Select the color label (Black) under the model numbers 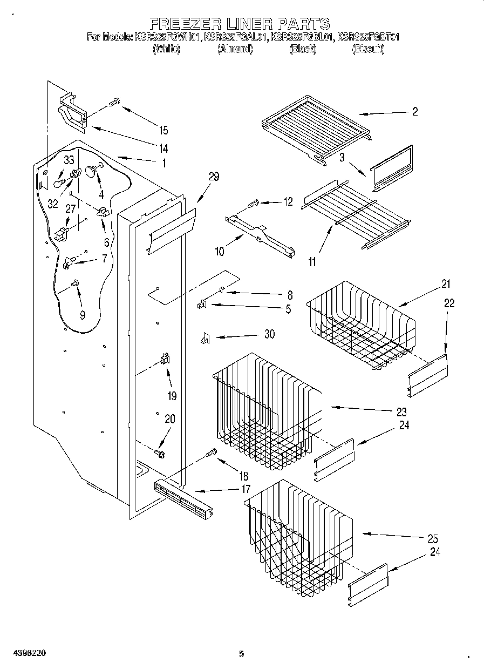click(303, 50)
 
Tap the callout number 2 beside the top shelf click(414, 112)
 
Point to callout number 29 click(214, 177)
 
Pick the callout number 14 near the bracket click(162, 148)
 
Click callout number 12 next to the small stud click(288, 201)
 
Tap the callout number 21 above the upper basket click(446, 284)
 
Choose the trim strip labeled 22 click(428, 374)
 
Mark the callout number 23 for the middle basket click(401, 411)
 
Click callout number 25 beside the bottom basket click(432, 538)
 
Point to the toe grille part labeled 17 click(181, 497)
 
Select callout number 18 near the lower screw click(243, 476)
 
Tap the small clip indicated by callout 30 click(204, 339)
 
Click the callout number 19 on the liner click(172, 396)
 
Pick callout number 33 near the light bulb click(69, 160)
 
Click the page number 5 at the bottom click(241, 654)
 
